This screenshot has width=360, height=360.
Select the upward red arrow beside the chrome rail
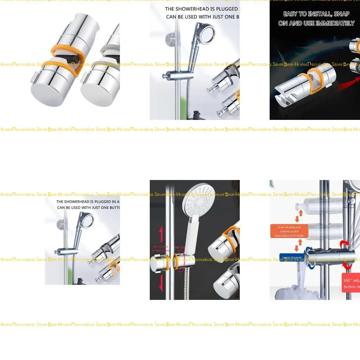[x=161, y=234]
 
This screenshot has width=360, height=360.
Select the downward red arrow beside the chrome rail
[x=161, y=283]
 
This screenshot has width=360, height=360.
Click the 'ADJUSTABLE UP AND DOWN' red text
[x=160, y=249]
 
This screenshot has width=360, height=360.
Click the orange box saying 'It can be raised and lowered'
[x=289, y=231]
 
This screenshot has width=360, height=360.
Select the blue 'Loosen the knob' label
[x=291, y=257]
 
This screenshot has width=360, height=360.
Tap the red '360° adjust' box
[x=351, y=283]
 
